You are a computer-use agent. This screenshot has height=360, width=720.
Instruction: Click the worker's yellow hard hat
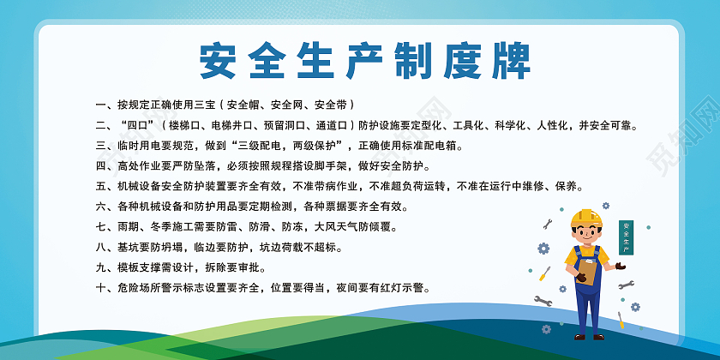(x=588, y=218)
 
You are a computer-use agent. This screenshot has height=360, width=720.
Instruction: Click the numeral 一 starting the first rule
(x=101, y=105)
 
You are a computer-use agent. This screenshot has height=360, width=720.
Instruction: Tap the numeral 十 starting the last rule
(x=101, y=288)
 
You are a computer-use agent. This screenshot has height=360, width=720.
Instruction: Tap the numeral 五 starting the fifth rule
(x=101, y=186)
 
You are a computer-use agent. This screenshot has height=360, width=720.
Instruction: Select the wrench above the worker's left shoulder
(x=548, y=225)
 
